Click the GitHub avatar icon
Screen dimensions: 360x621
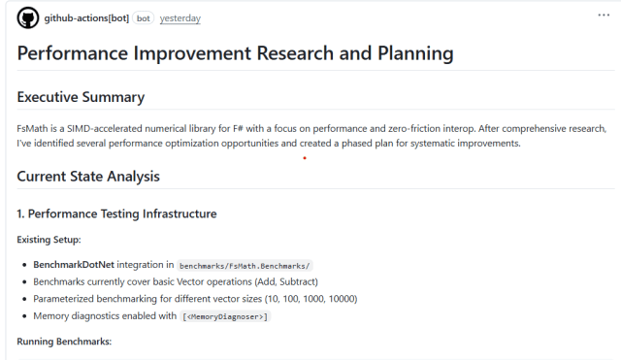tap(27, 18)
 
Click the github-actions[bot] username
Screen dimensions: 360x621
tap(86, 18)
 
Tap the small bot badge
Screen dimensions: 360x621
tap(143, 18)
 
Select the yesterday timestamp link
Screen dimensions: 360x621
tap(180, 18)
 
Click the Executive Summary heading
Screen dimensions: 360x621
tap(81, 97)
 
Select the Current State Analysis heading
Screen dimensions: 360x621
tap(88, 177)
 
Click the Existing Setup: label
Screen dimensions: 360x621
tap(49, 239)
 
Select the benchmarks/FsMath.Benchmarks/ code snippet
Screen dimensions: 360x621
tap(245, 265)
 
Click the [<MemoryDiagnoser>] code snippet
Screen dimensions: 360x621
tap(225, 316)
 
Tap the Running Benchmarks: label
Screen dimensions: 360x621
tap(64, 342)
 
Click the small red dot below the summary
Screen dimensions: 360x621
tap(305, 158)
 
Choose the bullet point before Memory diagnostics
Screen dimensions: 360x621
tap(23, 316)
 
